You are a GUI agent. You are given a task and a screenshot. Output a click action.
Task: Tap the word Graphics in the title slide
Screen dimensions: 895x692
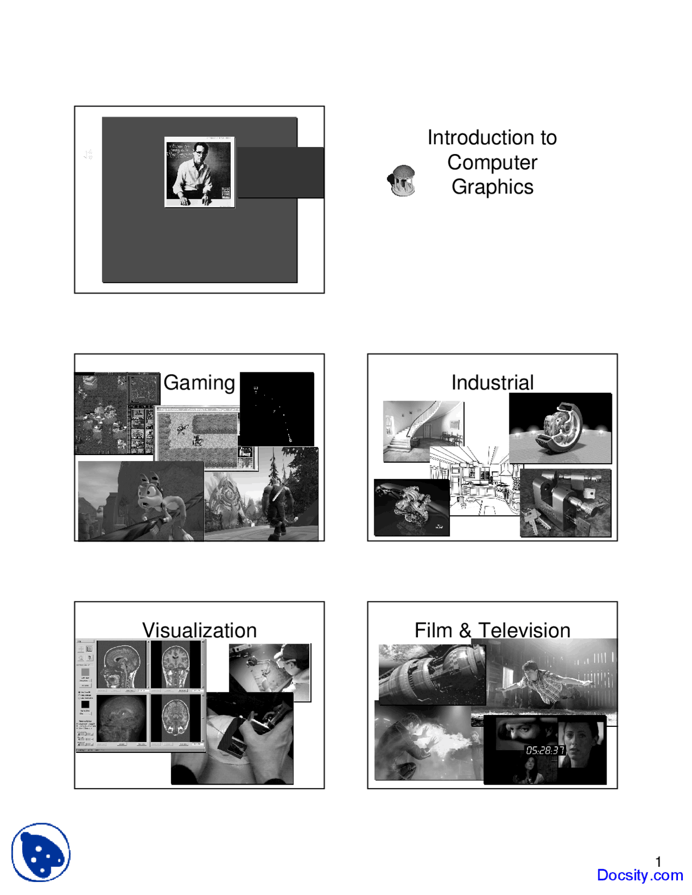point(492,187)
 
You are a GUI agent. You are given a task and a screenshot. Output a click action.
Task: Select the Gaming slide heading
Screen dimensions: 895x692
point(199,383)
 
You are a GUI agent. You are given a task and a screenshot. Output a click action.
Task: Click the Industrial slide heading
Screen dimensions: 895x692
point(492,383)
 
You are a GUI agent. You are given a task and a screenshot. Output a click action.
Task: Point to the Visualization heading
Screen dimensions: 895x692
point(199,630)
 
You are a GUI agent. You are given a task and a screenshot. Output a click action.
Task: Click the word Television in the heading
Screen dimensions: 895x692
point(524,630)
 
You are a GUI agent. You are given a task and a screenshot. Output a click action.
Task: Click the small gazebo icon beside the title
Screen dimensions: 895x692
point(402,181)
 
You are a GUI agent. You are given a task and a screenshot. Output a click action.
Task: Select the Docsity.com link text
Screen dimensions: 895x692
point(640,875)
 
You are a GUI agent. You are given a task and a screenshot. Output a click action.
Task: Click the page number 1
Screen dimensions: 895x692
point(658,861)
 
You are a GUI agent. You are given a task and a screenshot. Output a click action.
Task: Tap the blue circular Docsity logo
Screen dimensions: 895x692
point(41,852)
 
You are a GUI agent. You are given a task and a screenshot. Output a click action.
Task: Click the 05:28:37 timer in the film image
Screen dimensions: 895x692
point(545,750)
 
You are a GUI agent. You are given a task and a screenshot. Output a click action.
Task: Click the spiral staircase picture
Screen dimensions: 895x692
point(423,431)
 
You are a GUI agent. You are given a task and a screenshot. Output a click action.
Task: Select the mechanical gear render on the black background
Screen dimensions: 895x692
point(560,428)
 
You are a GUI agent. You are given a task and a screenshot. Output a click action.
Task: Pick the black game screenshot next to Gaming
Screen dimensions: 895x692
point(277,409)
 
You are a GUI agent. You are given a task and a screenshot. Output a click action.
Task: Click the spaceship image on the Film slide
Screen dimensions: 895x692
point(431,674)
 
